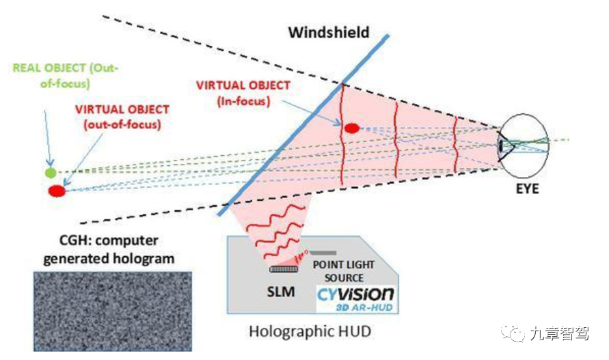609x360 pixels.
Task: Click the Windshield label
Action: [x=328, y=32]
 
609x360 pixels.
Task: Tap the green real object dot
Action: [x=51, y=172]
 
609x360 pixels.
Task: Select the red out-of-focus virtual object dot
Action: [x=57, y=191]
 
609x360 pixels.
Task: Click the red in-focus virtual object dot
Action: [x=351, y=128]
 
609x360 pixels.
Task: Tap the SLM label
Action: [x=280, y=292]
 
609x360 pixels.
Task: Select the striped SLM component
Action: [x=282, y=269]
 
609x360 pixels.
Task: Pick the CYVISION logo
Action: [x=355, y=294]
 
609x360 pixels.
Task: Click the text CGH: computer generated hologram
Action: [x=109, y=249]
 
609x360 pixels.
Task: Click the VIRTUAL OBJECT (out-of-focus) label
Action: [x=123, y=117]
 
